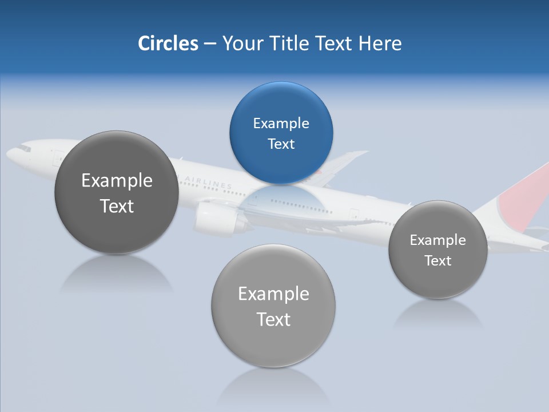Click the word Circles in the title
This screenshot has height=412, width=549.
168,43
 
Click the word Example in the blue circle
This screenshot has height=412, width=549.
281,124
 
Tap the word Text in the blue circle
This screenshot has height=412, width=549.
281,144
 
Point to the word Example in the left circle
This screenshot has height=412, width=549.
117,181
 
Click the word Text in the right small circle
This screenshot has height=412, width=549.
437,261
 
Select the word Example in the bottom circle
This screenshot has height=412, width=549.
273,294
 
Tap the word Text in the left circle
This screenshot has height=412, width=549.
117,206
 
